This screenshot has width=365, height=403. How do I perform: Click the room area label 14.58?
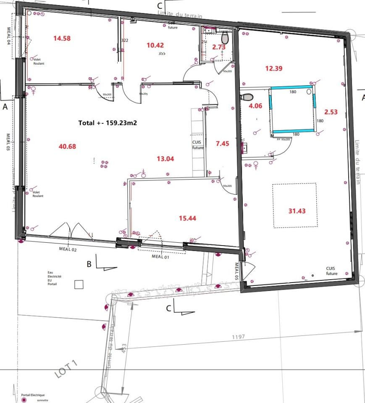[62, 38]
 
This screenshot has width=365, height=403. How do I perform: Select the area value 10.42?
[155, 45]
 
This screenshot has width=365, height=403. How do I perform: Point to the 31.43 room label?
[297, 211]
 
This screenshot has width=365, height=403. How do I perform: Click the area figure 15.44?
[188, 218]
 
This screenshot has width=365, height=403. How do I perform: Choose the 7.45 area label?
[222, 144]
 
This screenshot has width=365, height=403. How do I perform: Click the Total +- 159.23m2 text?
[108, 123]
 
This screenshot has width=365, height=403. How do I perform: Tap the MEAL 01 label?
[160, 257]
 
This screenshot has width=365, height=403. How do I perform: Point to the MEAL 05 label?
[236, 271]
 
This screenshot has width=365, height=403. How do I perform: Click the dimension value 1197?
[238, 337]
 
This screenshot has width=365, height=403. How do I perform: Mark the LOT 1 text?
[66, 369]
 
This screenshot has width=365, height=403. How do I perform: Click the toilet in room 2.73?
[225, 39]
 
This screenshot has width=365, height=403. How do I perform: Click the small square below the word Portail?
[79, 285]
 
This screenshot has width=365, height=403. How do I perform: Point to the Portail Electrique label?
[33, 395]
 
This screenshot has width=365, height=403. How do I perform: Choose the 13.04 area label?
[165, 159]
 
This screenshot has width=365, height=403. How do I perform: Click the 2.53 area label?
[331, 112]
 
